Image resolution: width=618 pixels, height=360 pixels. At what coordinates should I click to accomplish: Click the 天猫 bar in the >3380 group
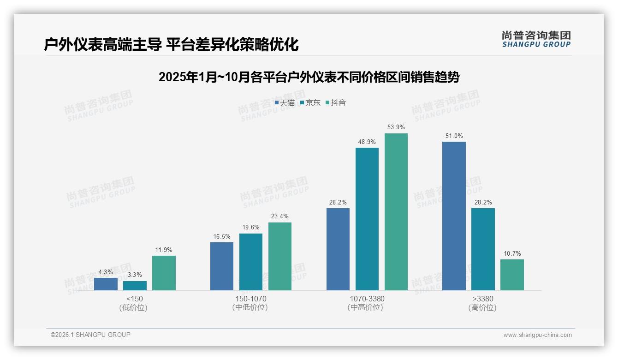[454, 216]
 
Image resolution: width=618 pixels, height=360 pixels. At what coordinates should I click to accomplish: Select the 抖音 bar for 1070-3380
[396, 212]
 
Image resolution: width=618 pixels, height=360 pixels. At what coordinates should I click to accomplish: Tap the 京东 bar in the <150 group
[135, 286]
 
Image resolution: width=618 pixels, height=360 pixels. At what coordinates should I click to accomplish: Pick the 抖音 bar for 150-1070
[280, 256]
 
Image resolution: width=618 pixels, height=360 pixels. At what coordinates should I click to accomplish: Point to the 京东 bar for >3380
[483, 249]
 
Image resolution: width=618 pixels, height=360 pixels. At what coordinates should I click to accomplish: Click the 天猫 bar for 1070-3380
[338, 249]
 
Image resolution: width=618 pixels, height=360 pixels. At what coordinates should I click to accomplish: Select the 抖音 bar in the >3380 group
[512, 275]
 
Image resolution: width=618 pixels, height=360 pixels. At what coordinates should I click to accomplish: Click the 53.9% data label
[396, 127]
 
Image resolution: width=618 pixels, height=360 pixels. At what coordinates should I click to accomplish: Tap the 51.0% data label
[454, 136]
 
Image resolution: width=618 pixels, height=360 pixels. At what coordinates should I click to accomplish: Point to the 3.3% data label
[135, 275]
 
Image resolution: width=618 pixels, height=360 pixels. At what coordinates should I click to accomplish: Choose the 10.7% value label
[512, 253]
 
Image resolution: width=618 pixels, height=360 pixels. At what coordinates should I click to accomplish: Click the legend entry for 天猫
[285, 103]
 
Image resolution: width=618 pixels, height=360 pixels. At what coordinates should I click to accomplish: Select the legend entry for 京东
[310, 103]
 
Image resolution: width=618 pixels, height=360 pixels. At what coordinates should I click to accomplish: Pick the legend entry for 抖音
[336, 103]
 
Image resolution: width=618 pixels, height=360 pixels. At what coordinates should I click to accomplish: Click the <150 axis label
[134, 299]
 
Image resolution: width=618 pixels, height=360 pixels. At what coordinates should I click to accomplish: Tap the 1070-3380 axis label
[367, 299]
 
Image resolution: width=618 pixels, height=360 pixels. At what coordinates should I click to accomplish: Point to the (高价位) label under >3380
[482, 307]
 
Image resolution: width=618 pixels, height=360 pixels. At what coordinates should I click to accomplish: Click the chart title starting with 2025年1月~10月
[309, 77]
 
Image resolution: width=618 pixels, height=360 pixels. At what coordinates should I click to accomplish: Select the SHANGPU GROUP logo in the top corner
[536, 39]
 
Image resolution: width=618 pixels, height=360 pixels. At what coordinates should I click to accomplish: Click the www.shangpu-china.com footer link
[537, 335]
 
